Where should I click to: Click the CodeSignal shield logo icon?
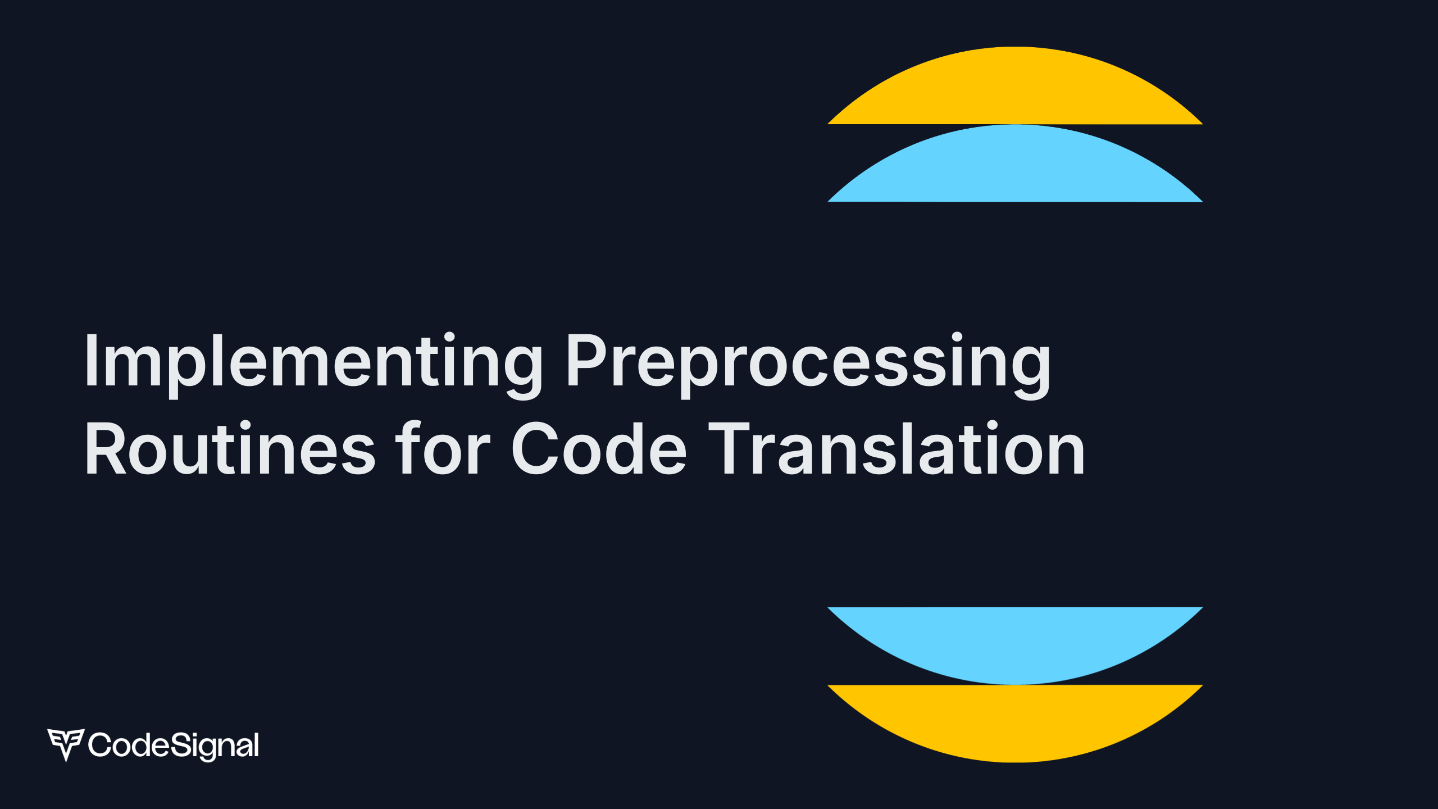66,744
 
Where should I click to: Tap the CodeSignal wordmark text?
173,745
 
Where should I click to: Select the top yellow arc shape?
1015,90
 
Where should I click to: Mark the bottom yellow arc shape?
1015,719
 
